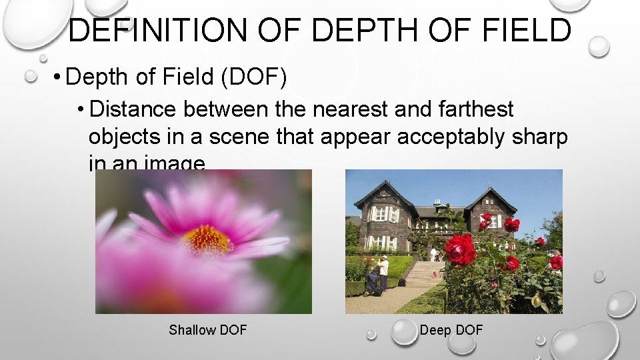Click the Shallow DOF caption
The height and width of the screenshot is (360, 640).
[207, 330]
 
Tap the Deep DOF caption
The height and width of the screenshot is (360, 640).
[451, 330]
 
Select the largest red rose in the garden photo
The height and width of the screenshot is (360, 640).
[460, 249]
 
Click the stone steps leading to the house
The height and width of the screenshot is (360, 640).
[423, 273]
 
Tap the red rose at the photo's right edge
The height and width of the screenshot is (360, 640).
[555, 261]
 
